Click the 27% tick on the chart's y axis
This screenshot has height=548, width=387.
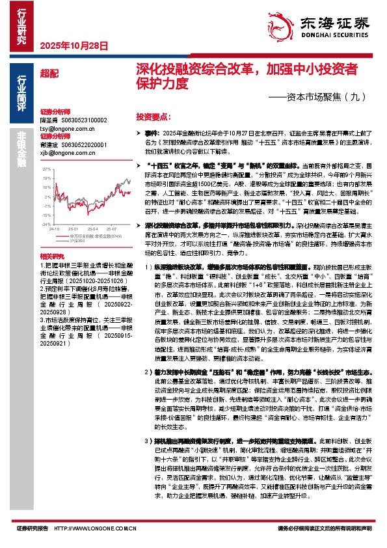46,169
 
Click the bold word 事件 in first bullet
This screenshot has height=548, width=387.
152,132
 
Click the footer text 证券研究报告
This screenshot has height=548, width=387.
33,530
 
